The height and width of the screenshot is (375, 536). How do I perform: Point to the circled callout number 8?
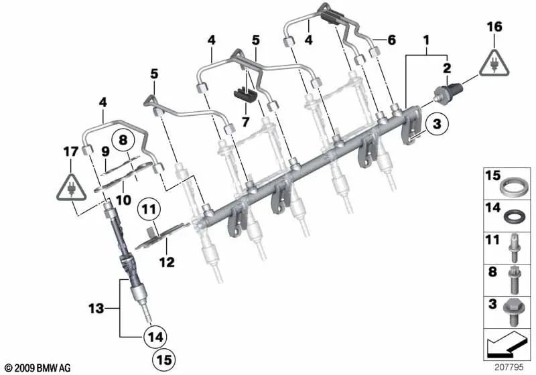[x=123, y=141]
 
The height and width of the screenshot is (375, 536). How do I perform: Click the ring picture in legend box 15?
[x=514, y=185]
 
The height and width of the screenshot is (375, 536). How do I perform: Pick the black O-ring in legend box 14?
[x=514, y=216]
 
